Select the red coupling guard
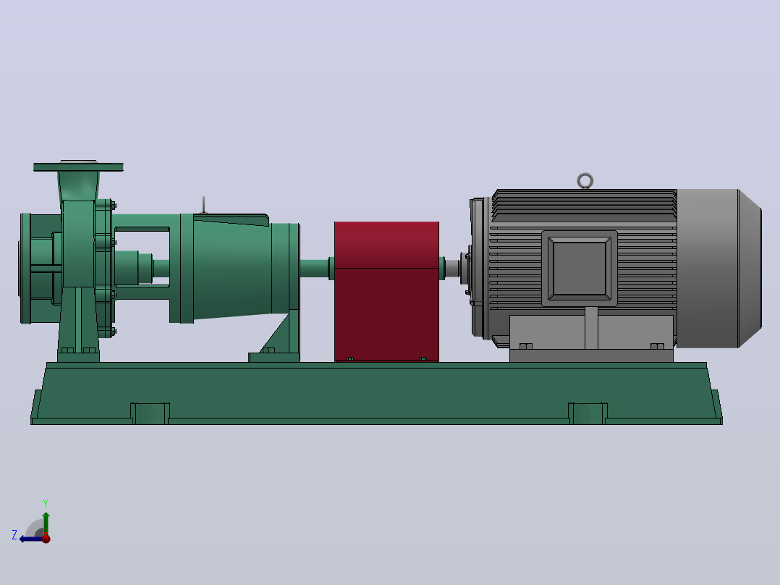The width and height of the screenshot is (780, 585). tap(386, 291)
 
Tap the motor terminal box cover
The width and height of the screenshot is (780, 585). tap(580, 269)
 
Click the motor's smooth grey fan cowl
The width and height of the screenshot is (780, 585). tap(718, 269)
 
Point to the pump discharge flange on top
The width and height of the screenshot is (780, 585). tap(78, 167)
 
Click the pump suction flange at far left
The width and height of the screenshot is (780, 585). tap(25, 269)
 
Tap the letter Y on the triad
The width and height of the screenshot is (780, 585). tap(46, 503)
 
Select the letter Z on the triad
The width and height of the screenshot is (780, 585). tap(14, 535)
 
